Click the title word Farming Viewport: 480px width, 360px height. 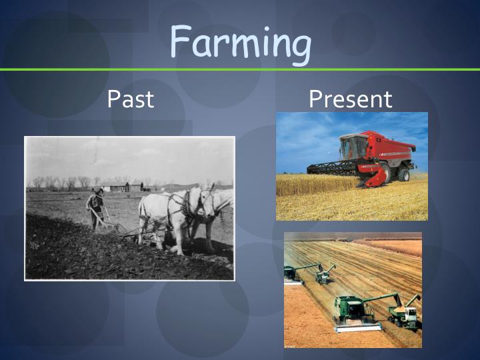point(240,41)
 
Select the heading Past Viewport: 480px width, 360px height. point(131,99)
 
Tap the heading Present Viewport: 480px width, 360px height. point(351,99)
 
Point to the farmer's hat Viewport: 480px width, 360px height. point(99,191)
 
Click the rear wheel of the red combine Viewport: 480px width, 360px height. point(403,174)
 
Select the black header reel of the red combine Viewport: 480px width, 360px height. point(333,167)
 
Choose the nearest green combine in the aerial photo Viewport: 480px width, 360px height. point(353,310)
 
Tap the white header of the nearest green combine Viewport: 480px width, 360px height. point(356,327)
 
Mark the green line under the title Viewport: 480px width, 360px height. point(240,69)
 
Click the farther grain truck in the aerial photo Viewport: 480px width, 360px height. point(325,273)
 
